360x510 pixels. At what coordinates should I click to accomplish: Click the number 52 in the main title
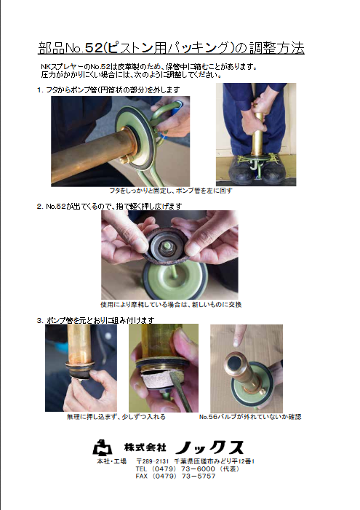point(94,48)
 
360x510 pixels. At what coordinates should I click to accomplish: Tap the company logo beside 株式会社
point(103,447)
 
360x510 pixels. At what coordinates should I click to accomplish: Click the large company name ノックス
point(209,447)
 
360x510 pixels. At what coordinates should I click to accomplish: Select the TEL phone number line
point(188,469)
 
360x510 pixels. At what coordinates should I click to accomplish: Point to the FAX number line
point(175,476)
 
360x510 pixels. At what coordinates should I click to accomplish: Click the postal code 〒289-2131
point(153,461)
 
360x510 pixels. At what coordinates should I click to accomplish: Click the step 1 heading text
point(108,89)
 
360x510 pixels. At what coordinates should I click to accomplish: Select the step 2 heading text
point(109,206)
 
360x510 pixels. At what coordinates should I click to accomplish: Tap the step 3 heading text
point(95,320)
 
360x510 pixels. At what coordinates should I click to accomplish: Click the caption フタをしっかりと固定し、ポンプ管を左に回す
point(171,191)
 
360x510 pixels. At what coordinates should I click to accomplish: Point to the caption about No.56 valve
point(250,417)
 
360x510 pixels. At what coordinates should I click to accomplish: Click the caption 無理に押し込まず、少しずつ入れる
point(116,417)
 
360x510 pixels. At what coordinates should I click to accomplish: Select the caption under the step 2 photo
point(171,304)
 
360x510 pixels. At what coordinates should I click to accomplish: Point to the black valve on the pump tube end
point(234,362)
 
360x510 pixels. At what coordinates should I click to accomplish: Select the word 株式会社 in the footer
point(145,447)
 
